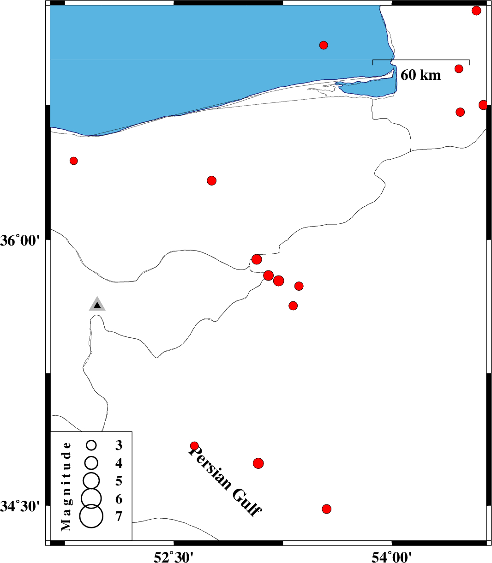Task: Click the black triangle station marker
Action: point(97,304)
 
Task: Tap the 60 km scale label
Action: point(420,75)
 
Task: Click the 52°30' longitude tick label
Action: point(174,557)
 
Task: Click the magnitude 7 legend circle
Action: point(91,516)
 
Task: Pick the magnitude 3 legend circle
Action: point(91,445)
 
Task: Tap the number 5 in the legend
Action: point(119,481)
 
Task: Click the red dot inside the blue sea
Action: point(324,45)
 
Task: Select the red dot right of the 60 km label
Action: point(459,68)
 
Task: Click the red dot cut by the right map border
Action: point(483,105)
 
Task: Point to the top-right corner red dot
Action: point(476,11)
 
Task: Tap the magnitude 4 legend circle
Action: point(91,463)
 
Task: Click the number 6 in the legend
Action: point(119,498)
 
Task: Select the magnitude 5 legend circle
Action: point(91,481)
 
